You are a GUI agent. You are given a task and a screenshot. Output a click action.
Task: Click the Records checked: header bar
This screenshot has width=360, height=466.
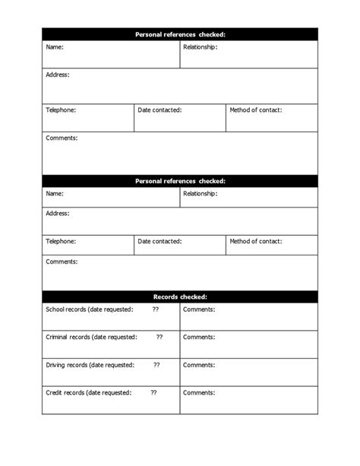[180, 296]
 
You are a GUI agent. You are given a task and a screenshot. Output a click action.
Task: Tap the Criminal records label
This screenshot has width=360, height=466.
[91, 337]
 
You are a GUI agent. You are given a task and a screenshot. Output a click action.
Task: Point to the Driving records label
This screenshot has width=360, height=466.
[90, 365]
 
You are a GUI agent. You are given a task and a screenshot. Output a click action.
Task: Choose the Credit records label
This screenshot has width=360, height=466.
[88, 392]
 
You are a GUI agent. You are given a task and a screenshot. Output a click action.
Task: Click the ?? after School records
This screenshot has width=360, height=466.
[155, 309]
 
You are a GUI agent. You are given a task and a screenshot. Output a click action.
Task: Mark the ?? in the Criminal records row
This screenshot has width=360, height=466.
[159, 337]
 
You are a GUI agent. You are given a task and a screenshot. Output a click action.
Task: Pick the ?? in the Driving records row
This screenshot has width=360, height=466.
[156, 365]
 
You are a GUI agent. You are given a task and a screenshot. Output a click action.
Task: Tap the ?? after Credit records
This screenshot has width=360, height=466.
[153, 392]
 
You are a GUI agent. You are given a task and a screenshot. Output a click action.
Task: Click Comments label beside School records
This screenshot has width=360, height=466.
[199, 309]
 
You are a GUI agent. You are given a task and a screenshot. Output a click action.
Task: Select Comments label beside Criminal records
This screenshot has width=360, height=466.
[199, 337]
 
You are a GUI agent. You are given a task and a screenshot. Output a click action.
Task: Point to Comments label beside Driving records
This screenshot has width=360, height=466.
[199, 365]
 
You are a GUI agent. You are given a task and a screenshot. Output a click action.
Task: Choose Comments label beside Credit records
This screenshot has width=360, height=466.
[199, 392]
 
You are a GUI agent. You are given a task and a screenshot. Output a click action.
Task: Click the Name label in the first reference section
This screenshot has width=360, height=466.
[55, 47]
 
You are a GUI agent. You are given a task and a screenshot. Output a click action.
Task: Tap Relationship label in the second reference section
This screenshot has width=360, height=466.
[201, 193]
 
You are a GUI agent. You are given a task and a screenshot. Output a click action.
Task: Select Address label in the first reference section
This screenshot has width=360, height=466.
[58, 74]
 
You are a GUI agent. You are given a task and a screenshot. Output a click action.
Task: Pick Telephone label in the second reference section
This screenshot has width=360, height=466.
[61, 241]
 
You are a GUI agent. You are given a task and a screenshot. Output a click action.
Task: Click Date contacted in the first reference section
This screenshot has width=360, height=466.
[159, 110]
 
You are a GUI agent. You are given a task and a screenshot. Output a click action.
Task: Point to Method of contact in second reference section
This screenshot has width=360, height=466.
[255, 241]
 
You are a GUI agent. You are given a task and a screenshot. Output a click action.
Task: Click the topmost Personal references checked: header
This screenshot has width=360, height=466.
[180, 34]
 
